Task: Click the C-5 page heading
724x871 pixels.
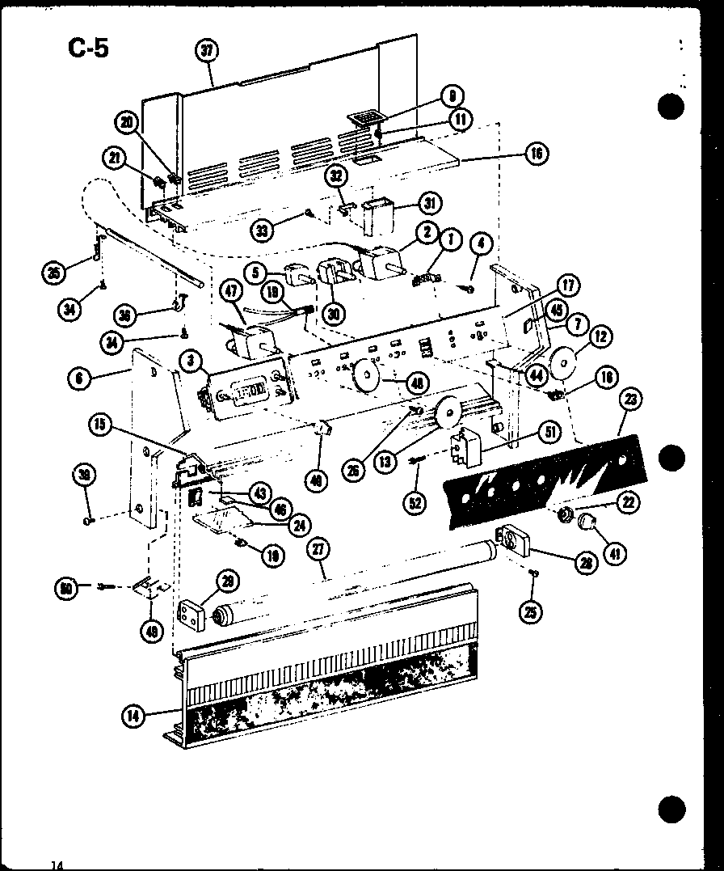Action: click(x=87, y=49)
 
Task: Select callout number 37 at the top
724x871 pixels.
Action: click(x=207, y=51)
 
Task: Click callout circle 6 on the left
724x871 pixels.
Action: click(x=79, y=376)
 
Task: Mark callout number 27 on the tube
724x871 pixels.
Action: click(x=319, y=549)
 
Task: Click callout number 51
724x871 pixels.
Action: click(x=549, y=433)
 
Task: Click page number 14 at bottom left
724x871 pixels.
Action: click(x=57, y=865)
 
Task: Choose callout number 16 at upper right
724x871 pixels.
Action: click(x=536, y=152)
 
